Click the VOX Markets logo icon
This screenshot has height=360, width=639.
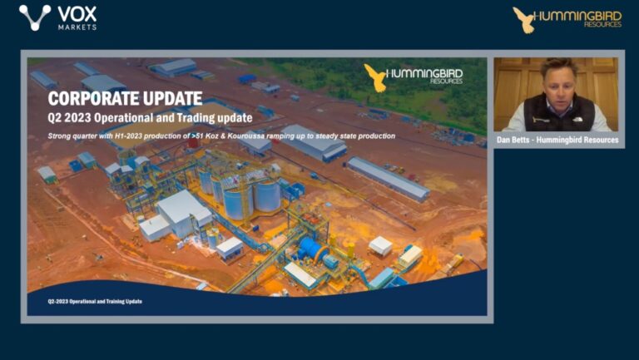(x=35, y=17)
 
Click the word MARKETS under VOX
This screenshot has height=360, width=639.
(x=77, y=27)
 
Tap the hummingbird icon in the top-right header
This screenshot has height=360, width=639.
(x=523, y=18)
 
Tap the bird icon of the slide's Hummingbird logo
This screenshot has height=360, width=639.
(x=375, y=76)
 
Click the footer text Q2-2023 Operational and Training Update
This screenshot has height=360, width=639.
(x=94, y=301)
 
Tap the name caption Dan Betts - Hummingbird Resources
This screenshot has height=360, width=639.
(x=556, y=140)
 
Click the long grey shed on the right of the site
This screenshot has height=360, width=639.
(x=387, y=177)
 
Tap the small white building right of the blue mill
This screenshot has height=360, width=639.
(x=380, y=245)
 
